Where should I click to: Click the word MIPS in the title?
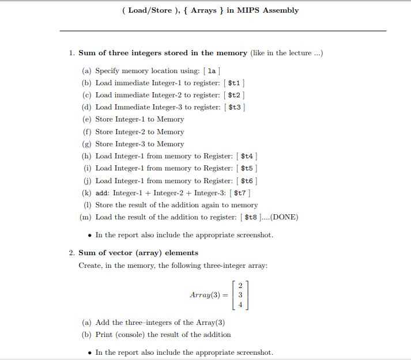[248, 10]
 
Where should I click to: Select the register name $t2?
[234, 95]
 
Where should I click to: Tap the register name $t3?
[235, 107]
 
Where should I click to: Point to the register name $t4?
[247, 156]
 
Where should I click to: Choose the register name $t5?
[247, 168]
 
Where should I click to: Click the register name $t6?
[247, 181]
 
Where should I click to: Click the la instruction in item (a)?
[212, 71]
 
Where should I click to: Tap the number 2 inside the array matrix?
[240, 283]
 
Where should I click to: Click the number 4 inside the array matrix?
[240, 304]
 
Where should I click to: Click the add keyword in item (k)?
[101, 193]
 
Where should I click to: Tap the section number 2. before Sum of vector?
[71, 253]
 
